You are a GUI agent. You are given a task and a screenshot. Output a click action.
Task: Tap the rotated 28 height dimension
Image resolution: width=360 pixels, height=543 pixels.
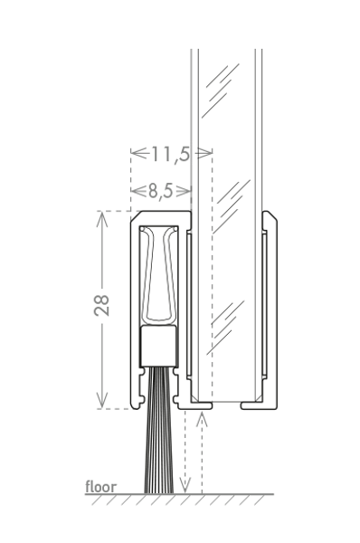point(102,301)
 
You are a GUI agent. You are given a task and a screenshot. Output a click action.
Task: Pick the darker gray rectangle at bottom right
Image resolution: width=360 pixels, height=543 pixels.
point(317,458)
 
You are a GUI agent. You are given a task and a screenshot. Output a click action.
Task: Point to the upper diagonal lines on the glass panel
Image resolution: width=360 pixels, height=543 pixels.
point(221,86)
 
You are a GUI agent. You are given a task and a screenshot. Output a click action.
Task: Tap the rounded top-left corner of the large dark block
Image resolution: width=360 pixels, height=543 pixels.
point(136,220)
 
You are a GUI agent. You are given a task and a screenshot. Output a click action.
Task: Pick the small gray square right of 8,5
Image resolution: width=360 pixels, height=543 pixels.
point(184,191)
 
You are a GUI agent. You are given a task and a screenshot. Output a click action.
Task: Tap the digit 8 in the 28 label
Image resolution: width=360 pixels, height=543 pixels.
point(102,295)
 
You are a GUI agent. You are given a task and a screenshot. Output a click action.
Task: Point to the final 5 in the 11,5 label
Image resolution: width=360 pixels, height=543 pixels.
point(185,155)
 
